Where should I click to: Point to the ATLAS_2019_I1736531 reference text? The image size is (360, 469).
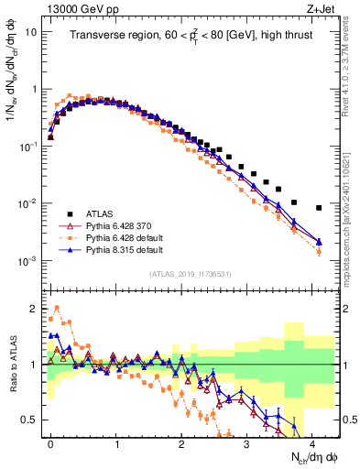coord(191,274)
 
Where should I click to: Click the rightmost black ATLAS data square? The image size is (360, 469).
coord(319,208)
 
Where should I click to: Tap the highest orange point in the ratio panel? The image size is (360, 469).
coord(58,308)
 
